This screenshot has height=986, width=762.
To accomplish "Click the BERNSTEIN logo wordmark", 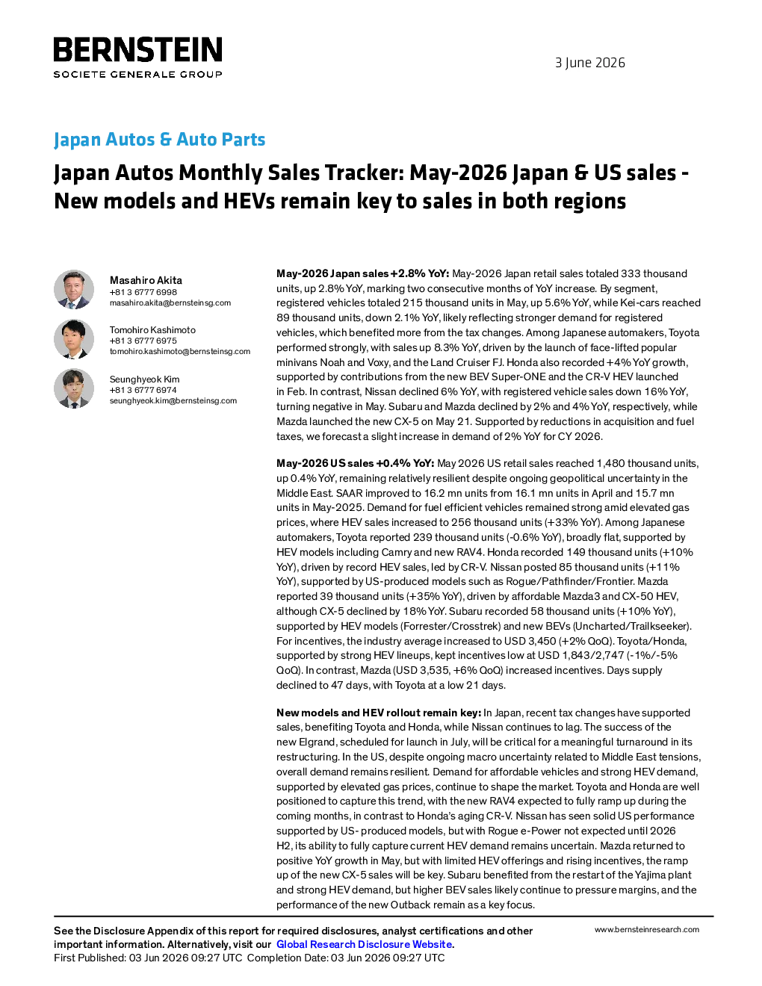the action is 137,49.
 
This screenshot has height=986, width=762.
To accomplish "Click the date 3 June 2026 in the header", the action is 590,63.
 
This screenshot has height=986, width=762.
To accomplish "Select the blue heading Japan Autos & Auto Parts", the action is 159,139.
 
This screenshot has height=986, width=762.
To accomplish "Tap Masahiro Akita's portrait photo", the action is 74,290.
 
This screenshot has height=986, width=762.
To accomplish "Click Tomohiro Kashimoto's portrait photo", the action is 74,339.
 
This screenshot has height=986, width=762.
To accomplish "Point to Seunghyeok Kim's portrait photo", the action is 74,388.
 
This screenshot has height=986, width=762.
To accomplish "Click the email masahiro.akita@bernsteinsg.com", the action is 170,303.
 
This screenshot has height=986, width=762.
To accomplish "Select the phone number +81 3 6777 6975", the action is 143,341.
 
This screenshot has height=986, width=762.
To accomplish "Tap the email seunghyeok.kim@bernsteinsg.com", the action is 173,400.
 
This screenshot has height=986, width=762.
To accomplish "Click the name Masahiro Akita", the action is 146,280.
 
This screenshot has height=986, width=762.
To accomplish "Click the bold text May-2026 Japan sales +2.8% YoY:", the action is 362,273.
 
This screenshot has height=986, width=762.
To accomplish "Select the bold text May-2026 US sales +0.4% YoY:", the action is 356,463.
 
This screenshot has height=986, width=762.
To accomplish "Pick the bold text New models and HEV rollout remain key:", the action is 379,713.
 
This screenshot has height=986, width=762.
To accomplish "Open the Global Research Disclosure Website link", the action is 364,944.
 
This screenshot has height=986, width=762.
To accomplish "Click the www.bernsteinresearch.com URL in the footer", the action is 647,929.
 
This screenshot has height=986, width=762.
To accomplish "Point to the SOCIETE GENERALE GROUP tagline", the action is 137,74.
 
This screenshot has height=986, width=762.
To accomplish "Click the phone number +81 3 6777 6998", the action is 143,292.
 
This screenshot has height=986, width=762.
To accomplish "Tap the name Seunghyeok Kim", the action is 144,379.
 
